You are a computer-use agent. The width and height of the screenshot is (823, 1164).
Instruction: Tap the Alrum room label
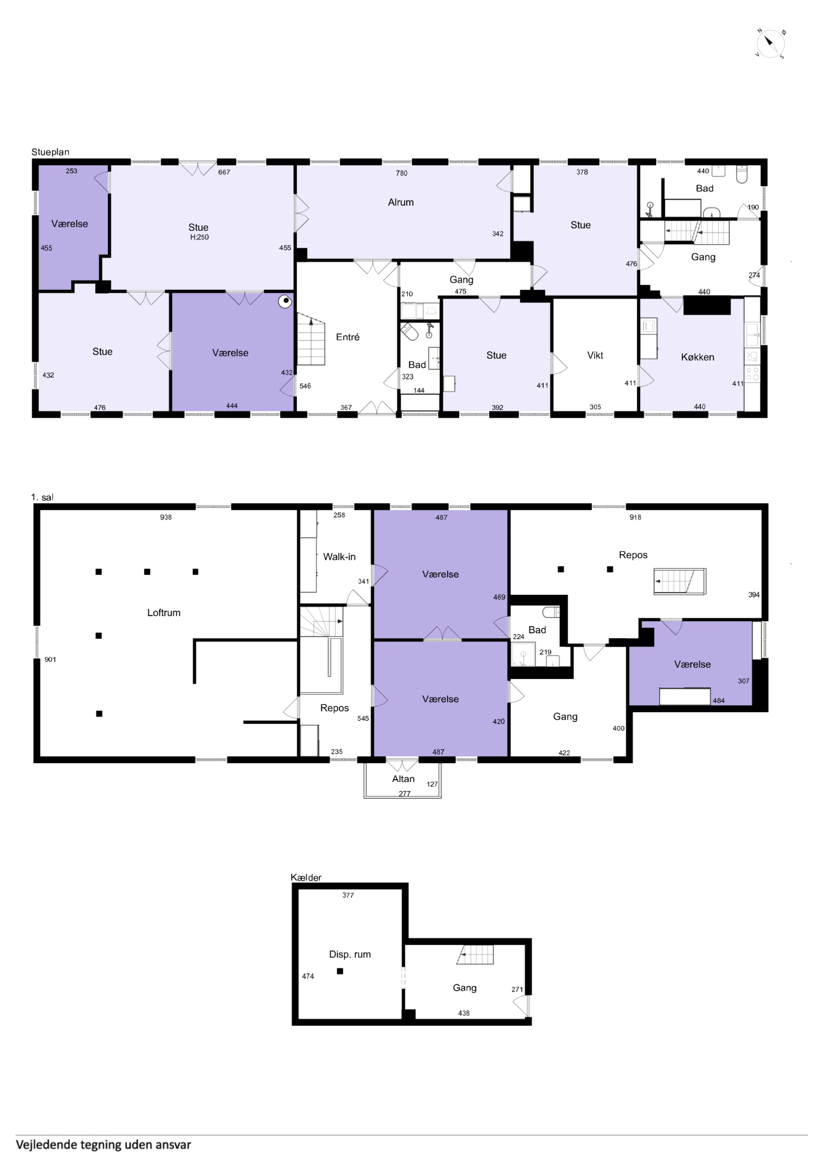pyautogui.click(x=401, y=202)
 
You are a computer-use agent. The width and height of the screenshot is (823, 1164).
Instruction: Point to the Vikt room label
pyautogui.click(x=595, y=355)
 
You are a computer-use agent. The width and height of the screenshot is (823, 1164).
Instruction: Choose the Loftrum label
pyautogui.click(x=164, y=612)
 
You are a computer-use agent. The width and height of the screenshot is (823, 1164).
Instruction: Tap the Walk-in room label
pyautogui.click(x=339, y=557)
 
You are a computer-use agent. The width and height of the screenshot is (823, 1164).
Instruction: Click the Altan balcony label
pyautogui.click(x=403, y=779)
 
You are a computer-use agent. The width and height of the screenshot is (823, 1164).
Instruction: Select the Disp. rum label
pyautogui.click(x=350, y=954)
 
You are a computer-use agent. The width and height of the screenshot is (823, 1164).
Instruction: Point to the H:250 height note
pyautogui.click(x=199, y=237)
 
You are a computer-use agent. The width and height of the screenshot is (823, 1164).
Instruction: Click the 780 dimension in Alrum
pyautogui.click(x=402, y=173)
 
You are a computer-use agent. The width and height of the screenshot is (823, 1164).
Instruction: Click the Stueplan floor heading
pyautogui.click(x=50, y=152)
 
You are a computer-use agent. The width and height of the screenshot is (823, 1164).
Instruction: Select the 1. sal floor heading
pyautogui.click(x=42, y=497)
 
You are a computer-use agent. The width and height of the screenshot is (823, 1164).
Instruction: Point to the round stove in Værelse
pyautogui.click(x=286, y=302)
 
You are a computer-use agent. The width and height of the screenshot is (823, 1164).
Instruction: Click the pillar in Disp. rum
pyautogui.click(x=340, y=971)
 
